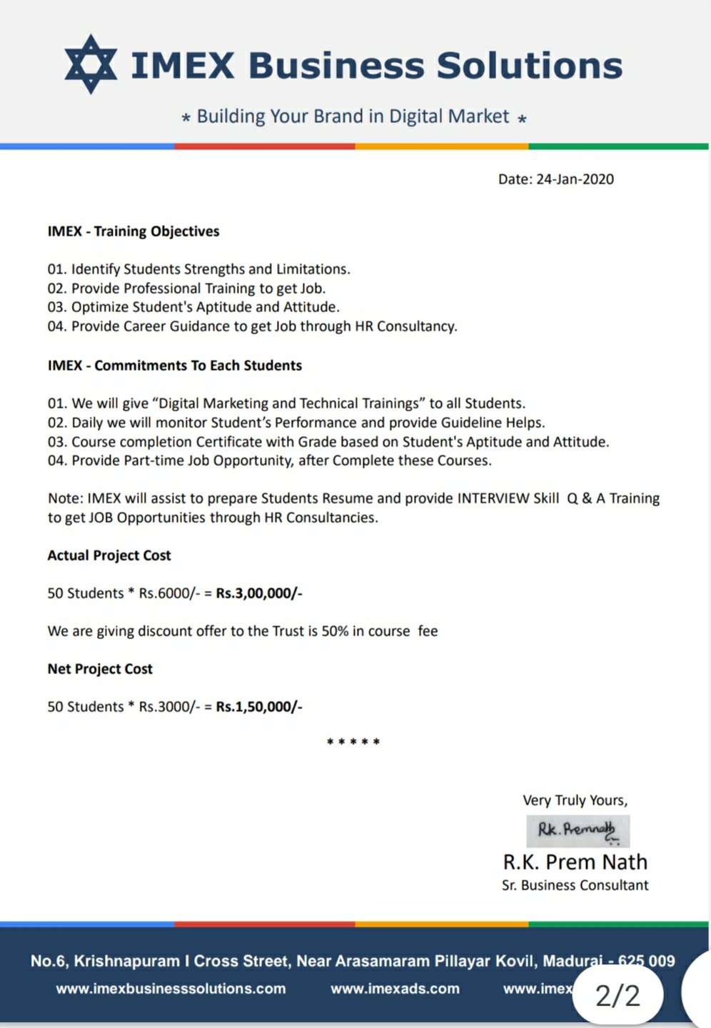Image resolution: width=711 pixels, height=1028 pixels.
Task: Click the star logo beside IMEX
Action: [x=91, y=64]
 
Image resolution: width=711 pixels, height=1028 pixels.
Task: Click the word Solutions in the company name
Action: [x=529, y=66]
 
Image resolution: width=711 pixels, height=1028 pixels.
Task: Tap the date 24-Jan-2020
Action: [x=575, y=179]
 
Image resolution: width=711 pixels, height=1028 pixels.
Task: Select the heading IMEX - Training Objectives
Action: [x=133, y=231]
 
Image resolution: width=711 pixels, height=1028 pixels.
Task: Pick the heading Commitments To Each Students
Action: [x=198, y=366]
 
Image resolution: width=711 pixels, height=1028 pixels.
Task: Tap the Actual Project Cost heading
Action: [x=109, y=555]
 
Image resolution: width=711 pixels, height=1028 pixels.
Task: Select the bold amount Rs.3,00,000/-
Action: [x=259, y=593]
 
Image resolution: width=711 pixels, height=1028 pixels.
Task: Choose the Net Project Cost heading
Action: [x=100, y=669]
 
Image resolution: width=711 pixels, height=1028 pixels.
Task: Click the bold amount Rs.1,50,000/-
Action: [x=259, y=707]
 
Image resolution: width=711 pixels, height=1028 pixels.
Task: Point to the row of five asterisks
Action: [x=353, y=742]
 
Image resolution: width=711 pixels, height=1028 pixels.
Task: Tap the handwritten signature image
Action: [x=578, y=830]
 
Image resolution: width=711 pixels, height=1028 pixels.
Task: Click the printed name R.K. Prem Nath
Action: [x=575, y=862]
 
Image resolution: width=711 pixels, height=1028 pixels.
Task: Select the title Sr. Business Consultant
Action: [x=575, y=885]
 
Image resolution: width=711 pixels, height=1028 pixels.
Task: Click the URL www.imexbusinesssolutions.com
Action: [x=171, y=989]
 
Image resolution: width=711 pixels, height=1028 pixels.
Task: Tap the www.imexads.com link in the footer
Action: [x=395, y=989]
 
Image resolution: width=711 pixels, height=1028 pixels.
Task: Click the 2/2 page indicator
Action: [x=617, y=995]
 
